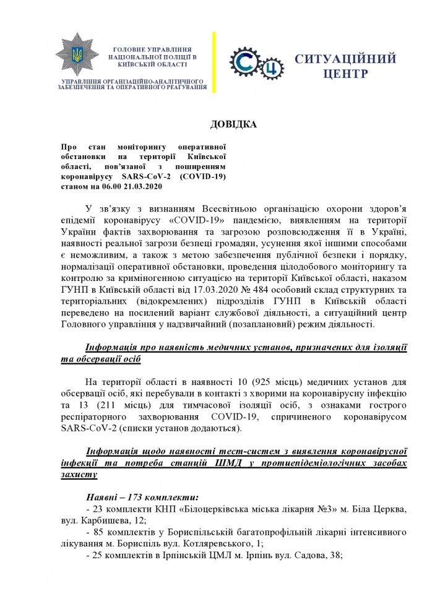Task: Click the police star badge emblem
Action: tap(76, 58)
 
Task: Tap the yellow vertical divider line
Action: tap(214, 63)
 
